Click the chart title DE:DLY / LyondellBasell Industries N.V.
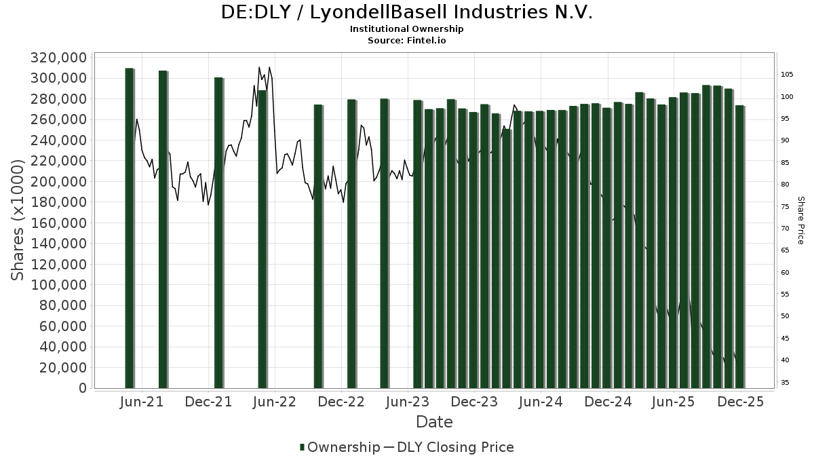pyautogui.click(x=407, y=12)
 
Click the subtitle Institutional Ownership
pyautogui.click(x=407, y=29)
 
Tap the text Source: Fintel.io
pyautogui.click(x=407, y=40)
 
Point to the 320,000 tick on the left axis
pyautogui.click(x=59, y=58)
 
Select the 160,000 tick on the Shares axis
pyautogui.click(x=59, y=223)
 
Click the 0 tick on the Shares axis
pyautogui.click(x=83, y=388)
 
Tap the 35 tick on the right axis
pyautogui.click(x=785, y=383)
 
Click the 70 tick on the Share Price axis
pyautogui.click(x=785, y=229)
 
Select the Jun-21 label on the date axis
pyautogui.click(x=142, y=402)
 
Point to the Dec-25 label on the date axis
pyautogui.click(x=741, y=402)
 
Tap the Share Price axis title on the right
pyautogui.click(x=800, y=221)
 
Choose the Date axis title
pyautogui.click(x=434, y=422)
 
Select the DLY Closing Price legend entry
pyautogui.click(x=455, y=447)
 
